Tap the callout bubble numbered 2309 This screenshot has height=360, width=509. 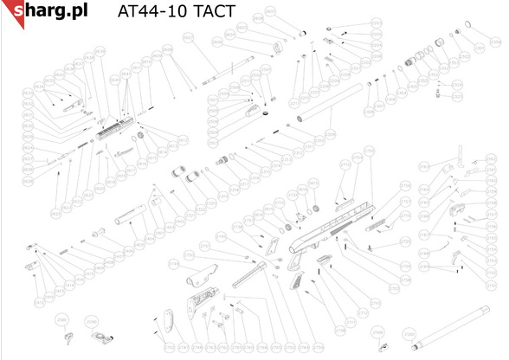(x=330, y=135)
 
